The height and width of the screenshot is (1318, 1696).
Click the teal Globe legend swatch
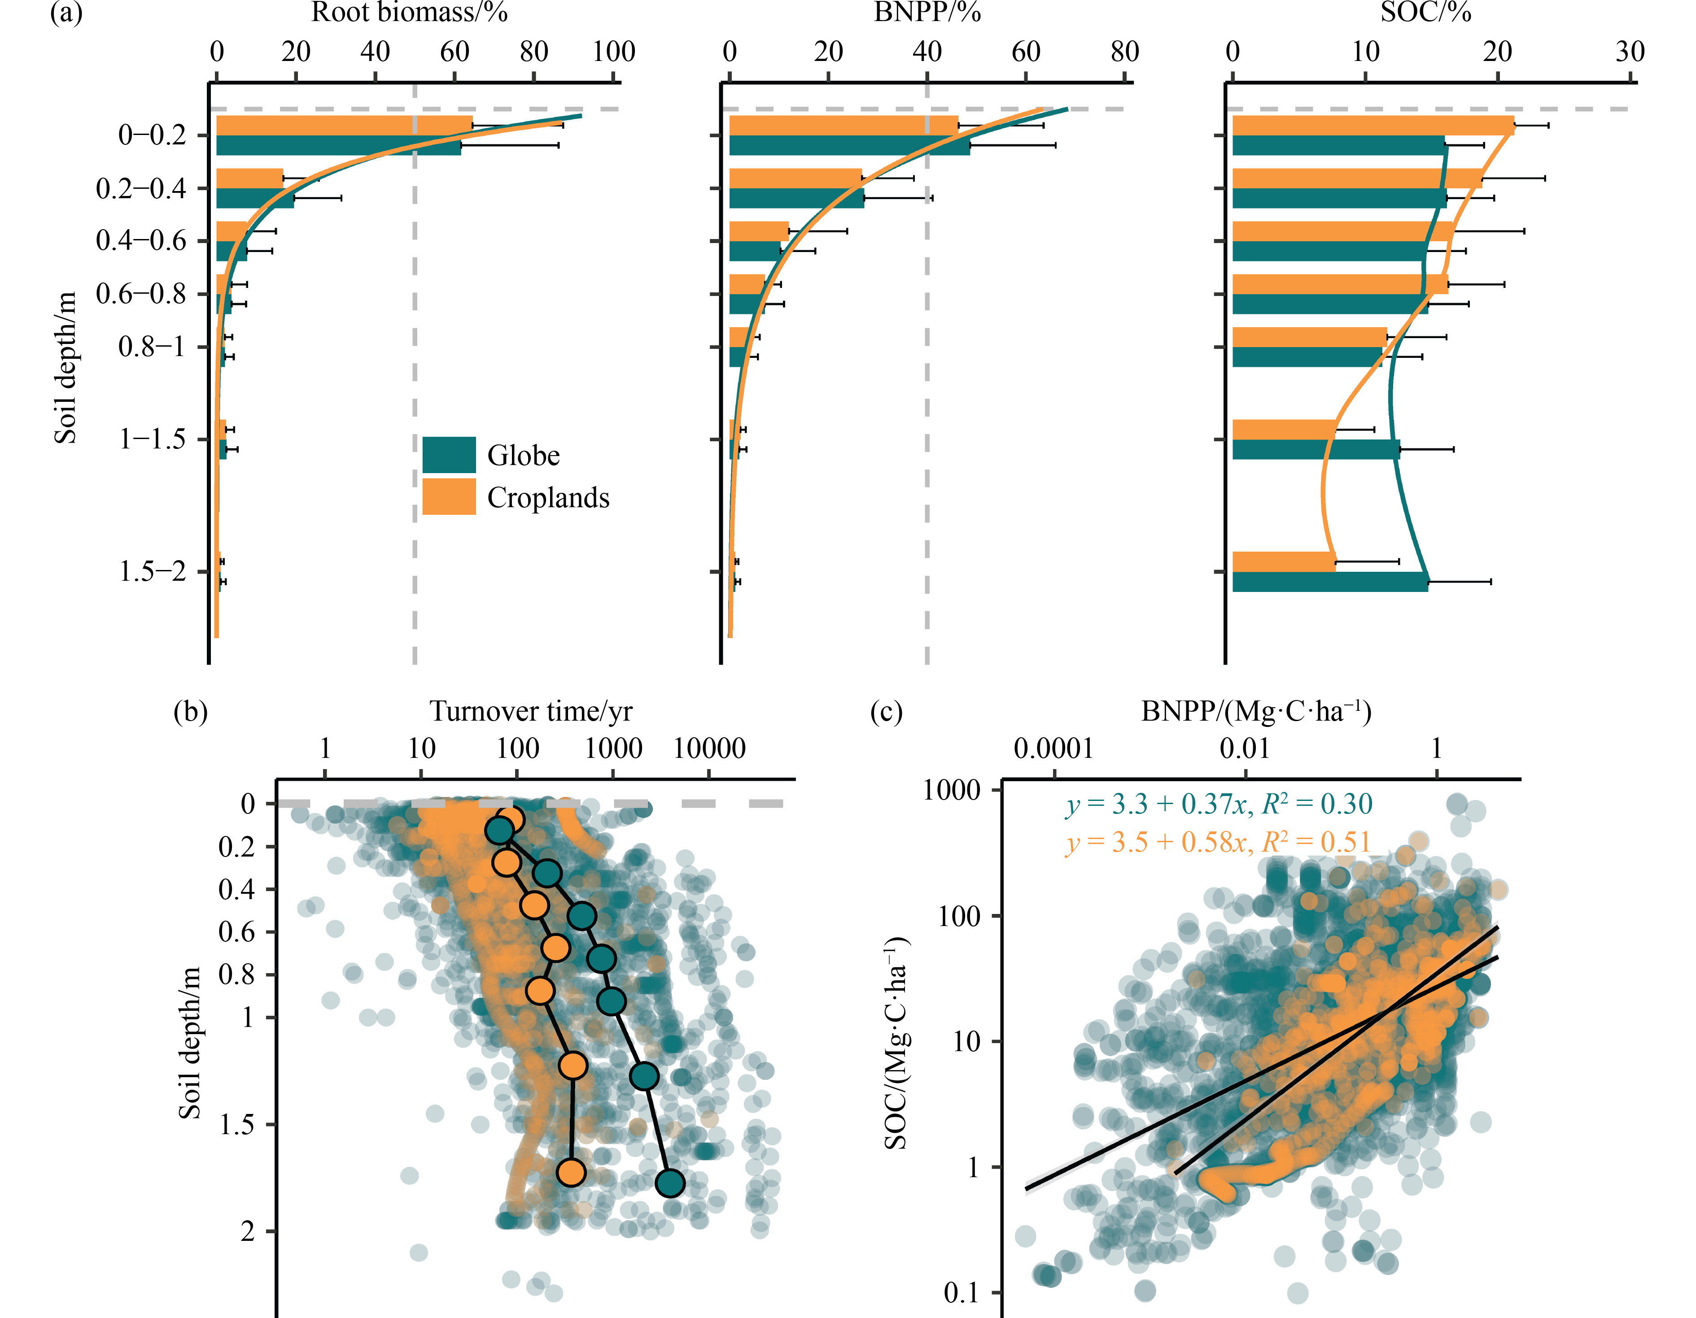pyautogui.click(x=449, y=454)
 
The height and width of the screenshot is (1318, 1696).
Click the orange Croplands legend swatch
pyautogui.click(x=449, y=497)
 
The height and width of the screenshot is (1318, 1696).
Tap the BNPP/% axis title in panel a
pyautogui.click(x=927, y=13)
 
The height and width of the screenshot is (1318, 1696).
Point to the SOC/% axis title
pyautogui.click(x=1426, y=13)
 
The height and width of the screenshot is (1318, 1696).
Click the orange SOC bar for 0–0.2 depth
pyautogui.click(x=1373, y=126)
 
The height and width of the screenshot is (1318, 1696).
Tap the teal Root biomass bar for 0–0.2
pyautogui.click(x=339, y=146)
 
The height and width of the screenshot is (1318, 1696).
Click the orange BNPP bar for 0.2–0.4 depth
pyautogui.click(x=795, y=178)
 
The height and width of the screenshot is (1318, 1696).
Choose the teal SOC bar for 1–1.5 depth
pyautogui.click(x=1316, y=449)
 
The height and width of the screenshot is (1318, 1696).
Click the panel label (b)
pyautogui.click(x=190, y=711)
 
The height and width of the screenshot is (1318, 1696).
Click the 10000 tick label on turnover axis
pyautogui.click(x=709, y=749)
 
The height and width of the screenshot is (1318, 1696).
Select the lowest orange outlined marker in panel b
pyautogui.click(x=571, y=1172)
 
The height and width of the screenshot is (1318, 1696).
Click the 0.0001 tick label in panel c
pyautogui.click(x=1054, y=749)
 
